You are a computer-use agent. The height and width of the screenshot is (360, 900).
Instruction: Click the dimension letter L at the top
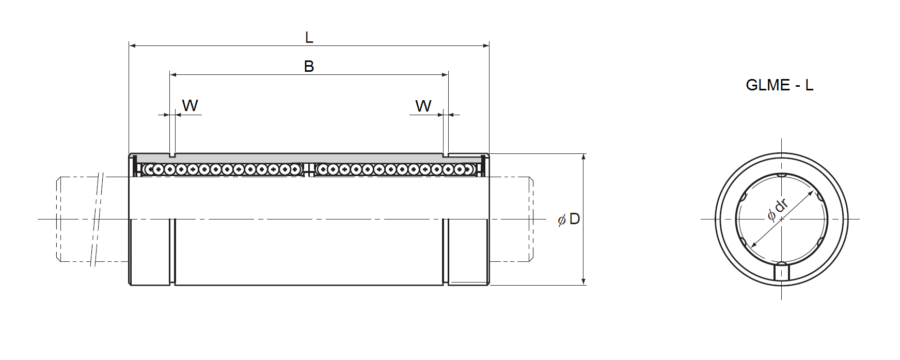[x=309, y=37]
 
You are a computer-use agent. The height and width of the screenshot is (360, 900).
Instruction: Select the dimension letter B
[x=309, y=66]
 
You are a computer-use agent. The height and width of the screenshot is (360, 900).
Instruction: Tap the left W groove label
[x=190, y=105]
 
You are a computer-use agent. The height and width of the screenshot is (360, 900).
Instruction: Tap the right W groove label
[x=423, y=106]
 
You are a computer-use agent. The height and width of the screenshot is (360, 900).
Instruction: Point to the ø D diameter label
[x=569, y=219]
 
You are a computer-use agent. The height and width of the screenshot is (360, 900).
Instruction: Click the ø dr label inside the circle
[x=778, y=209]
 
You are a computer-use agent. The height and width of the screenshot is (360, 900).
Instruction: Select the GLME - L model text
[x=780, y=85]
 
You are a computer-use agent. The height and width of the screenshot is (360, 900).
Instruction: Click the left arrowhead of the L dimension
[x=132, y=46]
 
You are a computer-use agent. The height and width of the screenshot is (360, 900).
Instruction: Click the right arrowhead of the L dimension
[x=486, y=46]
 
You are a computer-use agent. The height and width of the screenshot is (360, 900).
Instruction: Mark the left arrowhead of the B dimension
[x=173, y=75]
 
